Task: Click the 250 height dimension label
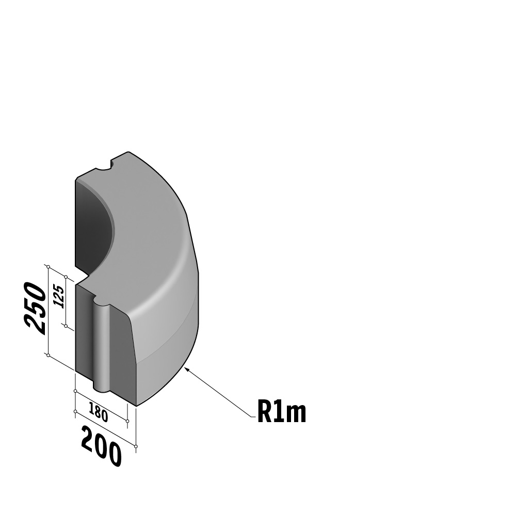point(35,309)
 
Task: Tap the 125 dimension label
point(59,297)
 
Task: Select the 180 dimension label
point(99,412)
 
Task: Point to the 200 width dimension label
point(101,446)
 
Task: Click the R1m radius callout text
point(282,412)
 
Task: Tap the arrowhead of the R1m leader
point(187,369)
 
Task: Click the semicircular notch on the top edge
point(104,166)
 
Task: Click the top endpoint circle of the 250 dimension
point(48,267)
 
